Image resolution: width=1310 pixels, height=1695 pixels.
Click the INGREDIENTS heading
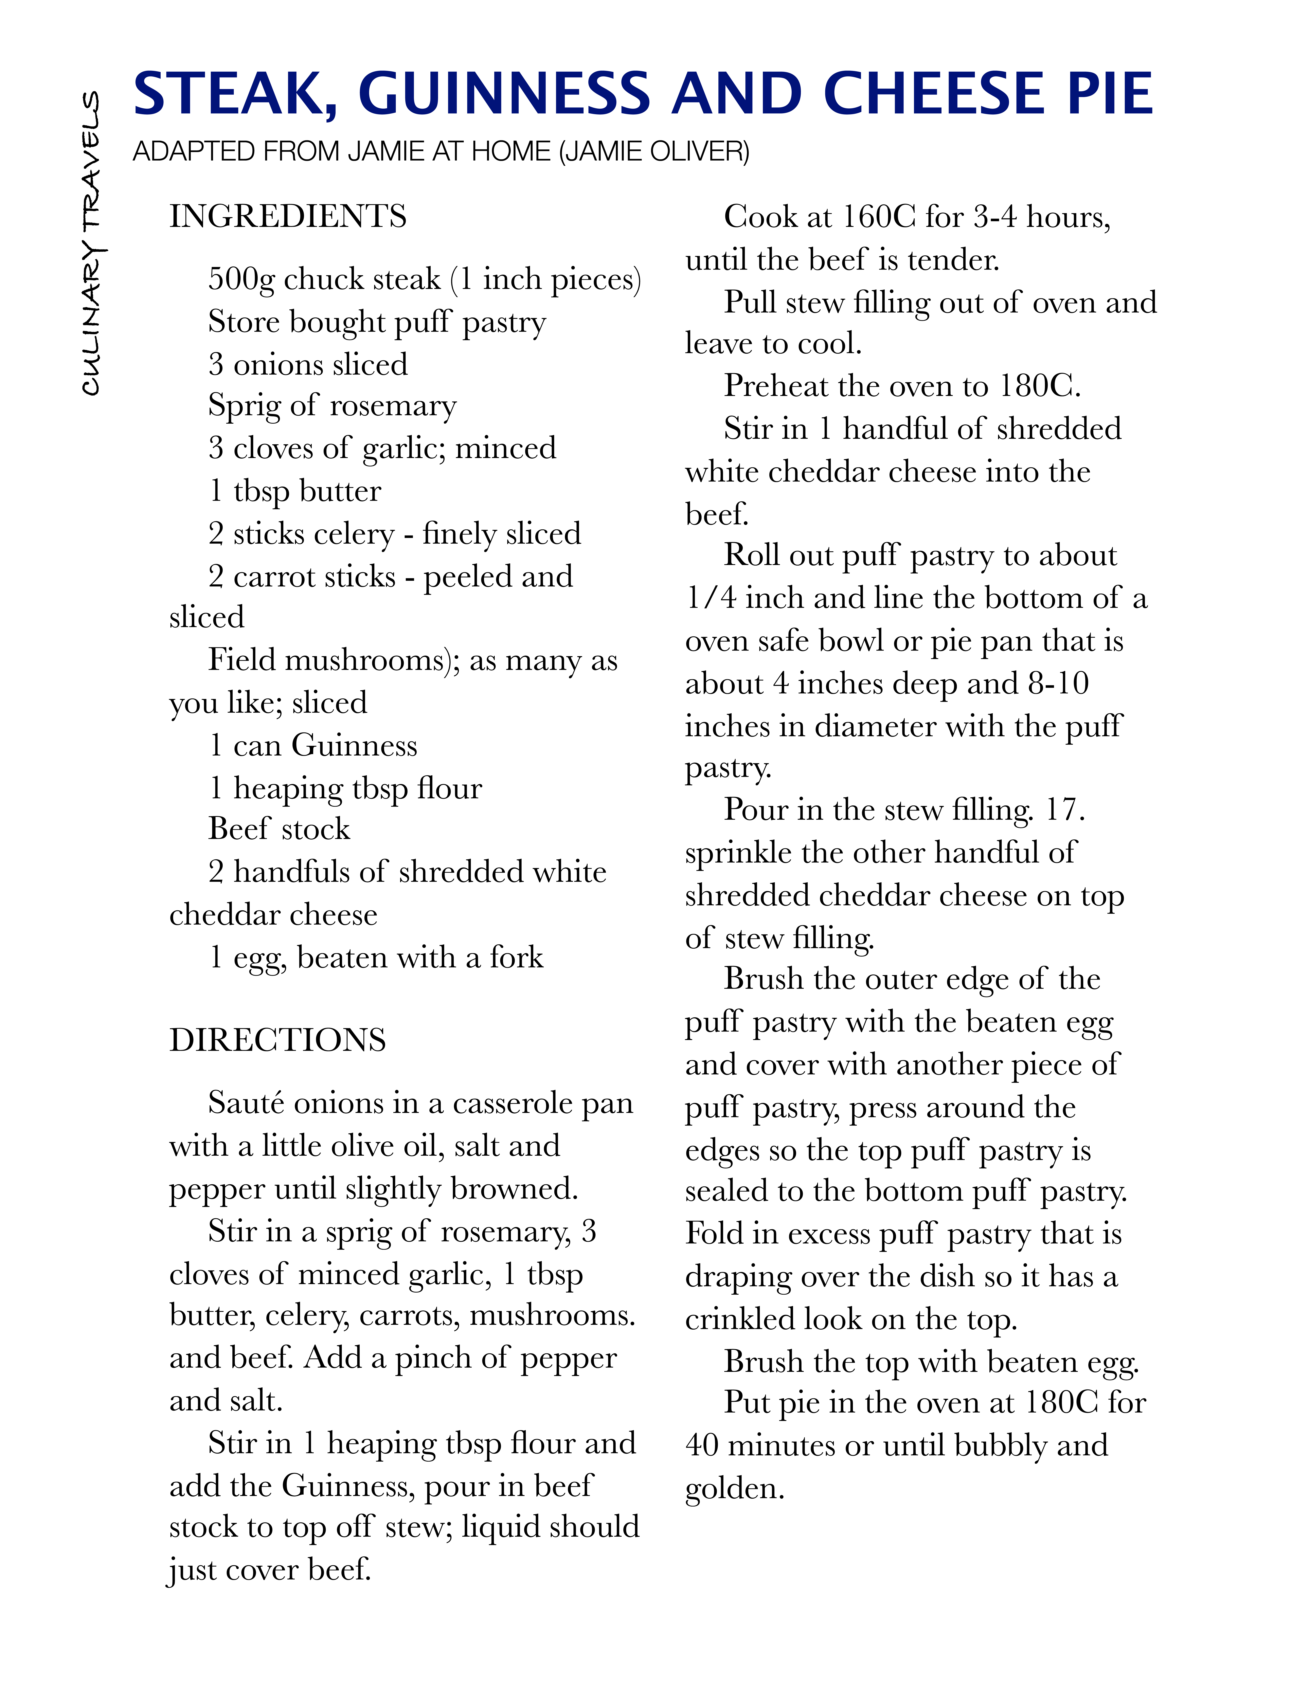pos(288,217)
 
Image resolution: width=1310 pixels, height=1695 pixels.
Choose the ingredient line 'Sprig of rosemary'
pos(332,406)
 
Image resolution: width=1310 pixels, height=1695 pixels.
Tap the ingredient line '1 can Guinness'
pos(313,746)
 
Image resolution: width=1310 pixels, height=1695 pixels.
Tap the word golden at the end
pos(734,1489)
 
